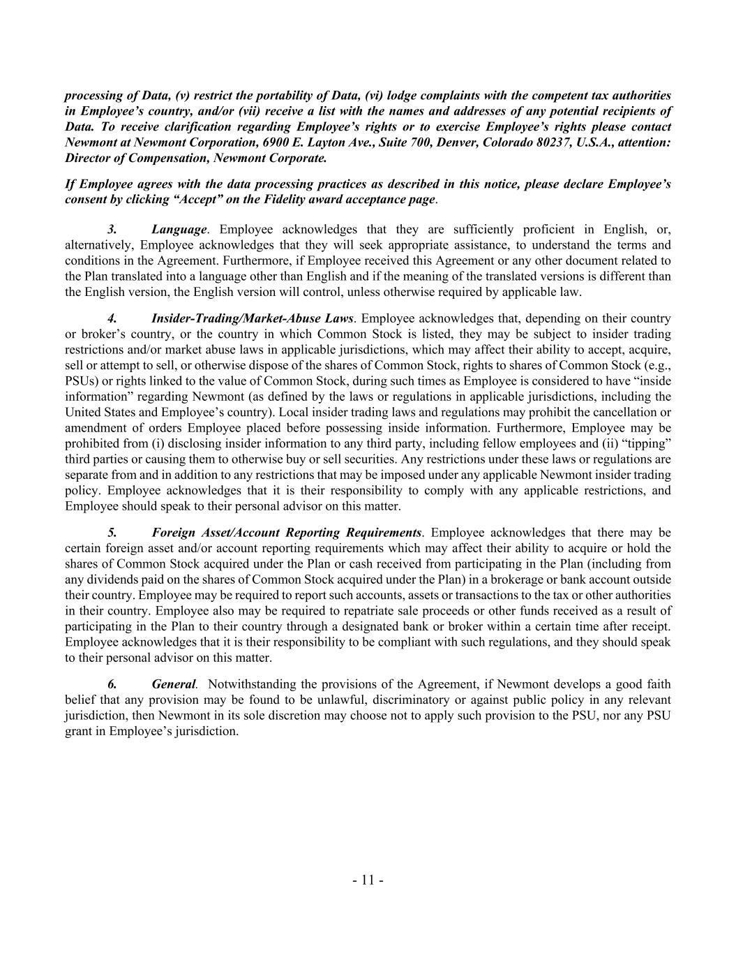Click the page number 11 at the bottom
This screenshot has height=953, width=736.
click(x=368, y=880)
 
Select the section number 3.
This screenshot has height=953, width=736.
click(x=112, y=230)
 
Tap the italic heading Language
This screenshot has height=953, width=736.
click(x=179, y=230)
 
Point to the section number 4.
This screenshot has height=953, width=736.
click(x=112, y=318)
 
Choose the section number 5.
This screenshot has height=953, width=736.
click(x=112, y=533)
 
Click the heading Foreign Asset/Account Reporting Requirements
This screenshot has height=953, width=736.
click(x=286, y=533)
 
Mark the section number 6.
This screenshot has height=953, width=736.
click(x=112, y=684)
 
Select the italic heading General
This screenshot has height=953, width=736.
click(x=174, y=684)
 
